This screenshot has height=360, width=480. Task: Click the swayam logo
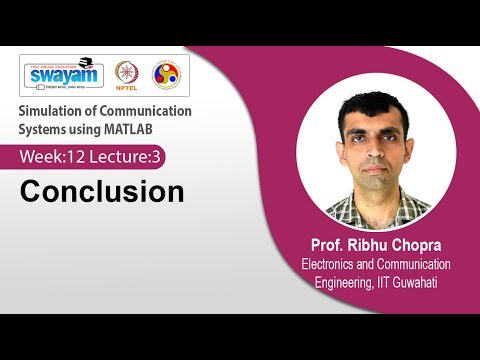click(63, 75)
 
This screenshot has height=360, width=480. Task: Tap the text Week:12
click(54, 157)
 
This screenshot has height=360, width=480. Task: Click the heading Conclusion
click(102, 191)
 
